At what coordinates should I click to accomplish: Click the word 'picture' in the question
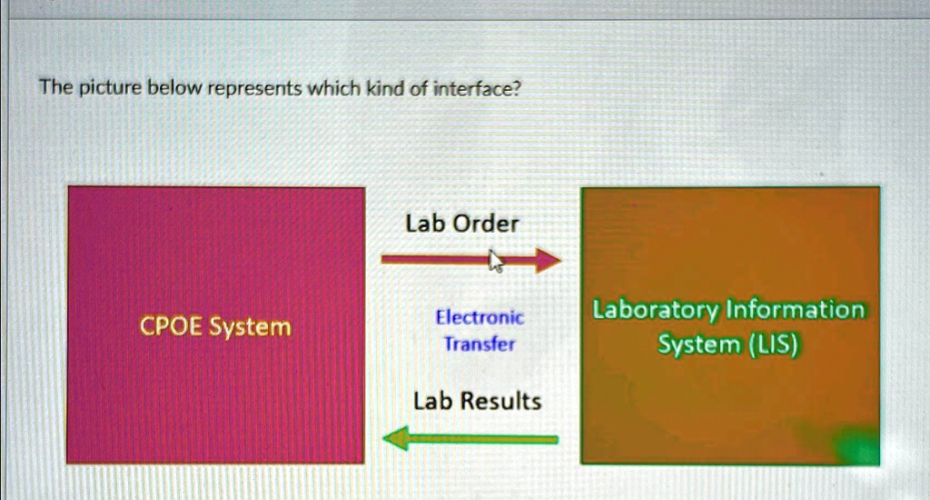(x=107, y=89)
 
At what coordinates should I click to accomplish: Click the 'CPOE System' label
(x=215, y=326)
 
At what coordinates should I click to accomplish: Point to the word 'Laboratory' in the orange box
(x=655, y=311)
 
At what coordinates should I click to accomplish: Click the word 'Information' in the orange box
(x=795, y=311)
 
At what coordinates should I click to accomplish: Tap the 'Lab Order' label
(x=461, y=224)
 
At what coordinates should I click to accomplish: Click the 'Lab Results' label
(x=477, y=401)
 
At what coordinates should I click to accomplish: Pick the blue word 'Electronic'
(x=480, y=318)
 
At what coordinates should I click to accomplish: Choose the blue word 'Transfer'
(x=479, y=345)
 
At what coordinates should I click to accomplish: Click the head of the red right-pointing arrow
(x=548, y=261)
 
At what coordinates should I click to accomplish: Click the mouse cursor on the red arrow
(x=496, y=261)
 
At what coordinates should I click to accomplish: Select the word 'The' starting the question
(x=54, y=89)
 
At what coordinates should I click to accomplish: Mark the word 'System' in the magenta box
(x=251, y=326)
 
